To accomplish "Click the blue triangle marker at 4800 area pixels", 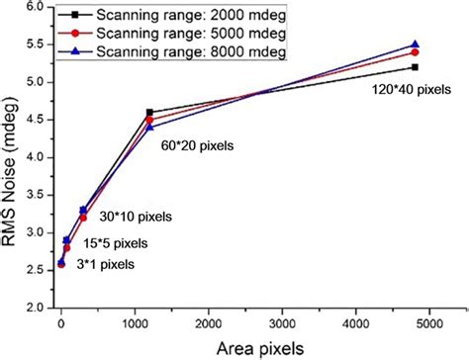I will click(415, 45).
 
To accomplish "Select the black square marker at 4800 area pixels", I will click(415, 67).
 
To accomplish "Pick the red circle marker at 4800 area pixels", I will click(415, 52).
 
